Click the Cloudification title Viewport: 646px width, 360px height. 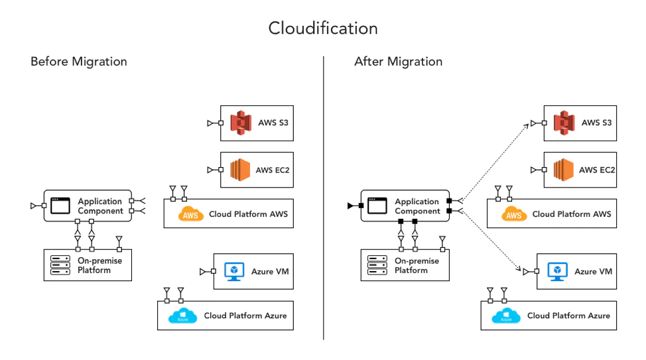(x=323, y=29)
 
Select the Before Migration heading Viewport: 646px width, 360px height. (x=78, y=62)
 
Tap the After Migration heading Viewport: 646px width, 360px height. (x=398, y=62)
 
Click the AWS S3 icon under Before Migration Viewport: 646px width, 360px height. (x=241, y=123)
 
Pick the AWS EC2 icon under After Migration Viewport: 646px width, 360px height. (x=564, y=170)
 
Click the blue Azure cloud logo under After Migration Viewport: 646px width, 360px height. (x=506, y=316)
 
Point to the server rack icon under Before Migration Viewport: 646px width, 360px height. (x=61, y=265)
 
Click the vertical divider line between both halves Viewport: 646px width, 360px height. (x=324, y=199)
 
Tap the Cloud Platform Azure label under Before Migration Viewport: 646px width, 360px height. (x=245, y=316)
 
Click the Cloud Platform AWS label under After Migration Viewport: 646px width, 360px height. (x=571, y=214)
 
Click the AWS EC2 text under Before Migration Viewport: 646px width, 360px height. (x=273, y=170)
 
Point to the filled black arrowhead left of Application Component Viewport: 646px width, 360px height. (x=350, y=206)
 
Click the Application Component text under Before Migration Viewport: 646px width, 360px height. (x=100, y=206)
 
